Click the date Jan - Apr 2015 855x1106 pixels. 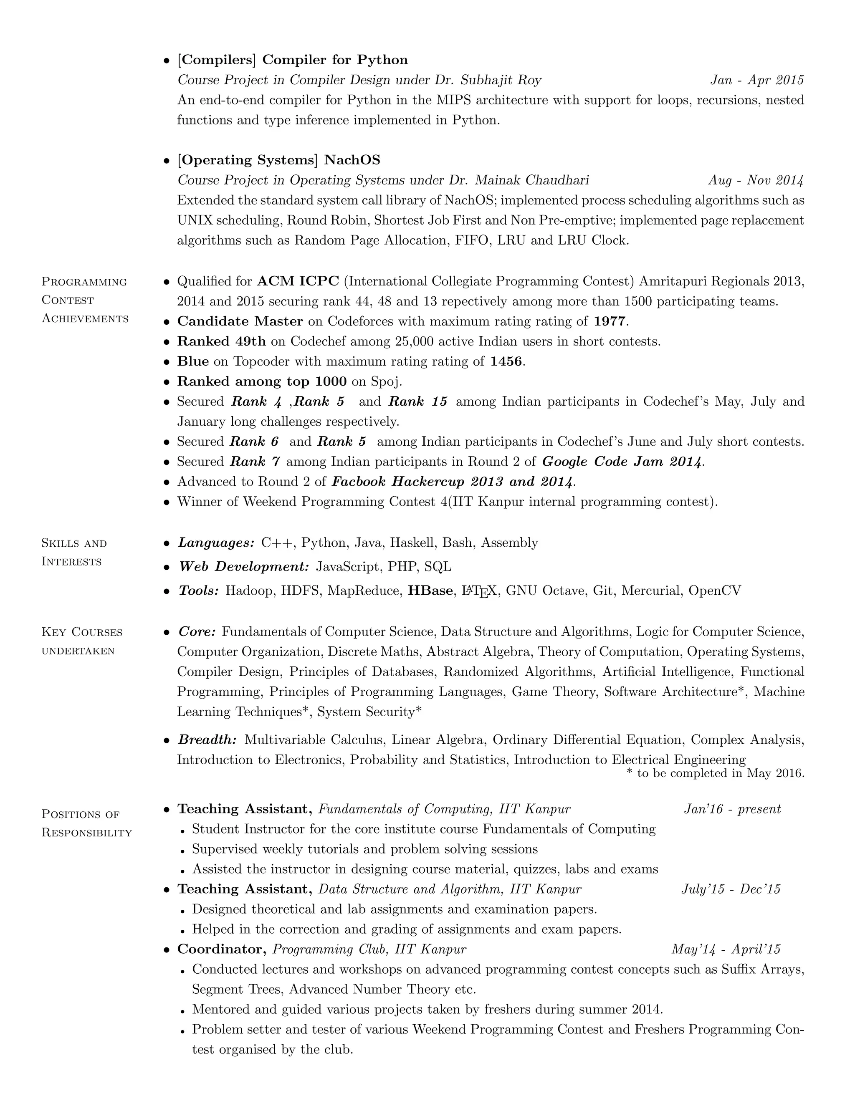pyautogui.click(x=757, y=80)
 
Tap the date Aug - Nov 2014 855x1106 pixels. pyautogui.click(x=755, y=180)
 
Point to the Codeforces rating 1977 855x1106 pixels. pyautogui.click(x=610, y=321)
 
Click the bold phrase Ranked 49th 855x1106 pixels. pyautogui.click(x=221, y=341)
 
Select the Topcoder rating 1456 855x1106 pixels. pyautogui.click(x=506, y=361)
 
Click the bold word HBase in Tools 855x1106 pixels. pyautogui.click(x=430, y=591)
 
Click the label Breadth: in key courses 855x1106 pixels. pyautogui.click(x=207, y=740)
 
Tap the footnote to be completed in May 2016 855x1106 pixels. pyautogui.click(x=715, y=773)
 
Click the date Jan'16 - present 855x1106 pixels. pyautogui.click(x=732, y=809)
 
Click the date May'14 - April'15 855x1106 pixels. pyautogui.click(x=725, y=949)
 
